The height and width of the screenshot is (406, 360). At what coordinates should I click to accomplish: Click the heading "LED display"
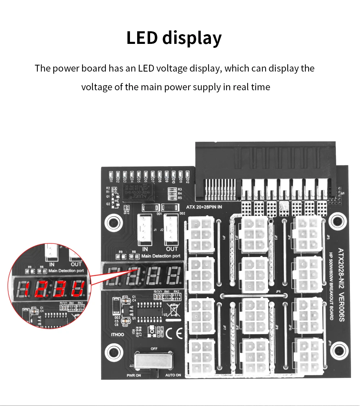(174, 38)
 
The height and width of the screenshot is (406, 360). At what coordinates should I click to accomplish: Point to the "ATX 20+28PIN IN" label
(204, 207)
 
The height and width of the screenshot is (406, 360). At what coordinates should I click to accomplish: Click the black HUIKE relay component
(137, 192)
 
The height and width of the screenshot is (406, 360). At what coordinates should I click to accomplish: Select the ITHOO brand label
(117, 334)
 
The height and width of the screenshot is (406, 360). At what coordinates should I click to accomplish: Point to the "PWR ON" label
(134, 375)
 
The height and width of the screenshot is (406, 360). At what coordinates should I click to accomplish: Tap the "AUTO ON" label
(173, 375)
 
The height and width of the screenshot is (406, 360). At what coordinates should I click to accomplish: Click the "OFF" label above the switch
(154, 349)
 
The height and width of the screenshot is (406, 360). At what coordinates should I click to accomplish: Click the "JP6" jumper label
(278, 292)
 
